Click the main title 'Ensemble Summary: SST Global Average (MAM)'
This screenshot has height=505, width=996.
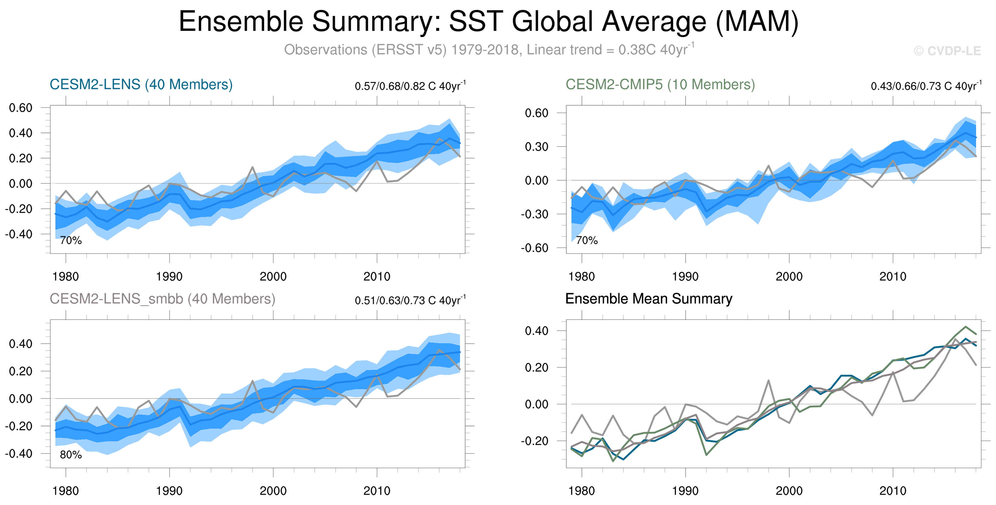488,22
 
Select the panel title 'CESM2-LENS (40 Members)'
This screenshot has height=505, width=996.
141,84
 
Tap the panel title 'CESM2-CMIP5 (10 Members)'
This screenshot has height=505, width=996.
660,84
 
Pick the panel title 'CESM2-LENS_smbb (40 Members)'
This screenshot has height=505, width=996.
162,299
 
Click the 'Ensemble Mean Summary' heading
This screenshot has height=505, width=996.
648,299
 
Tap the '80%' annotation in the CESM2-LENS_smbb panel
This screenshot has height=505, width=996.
71,455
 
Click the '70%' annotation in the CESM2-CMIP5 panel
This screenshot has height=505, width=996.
587,240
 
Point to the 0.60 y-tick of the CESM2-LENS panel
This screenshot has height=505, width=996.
21,108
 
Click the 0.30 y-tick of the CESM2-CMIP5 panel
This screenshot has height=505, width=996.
536,147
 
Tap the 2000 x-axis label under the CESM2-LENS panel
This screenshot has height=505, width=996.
273,276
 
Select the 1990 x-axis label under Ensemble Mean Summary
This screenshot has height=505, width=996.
685,491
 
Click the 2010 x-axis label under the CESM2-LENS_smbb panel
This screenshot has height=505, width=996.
376,491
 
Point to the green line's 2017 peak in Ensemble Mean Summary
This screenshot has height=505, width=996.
965,327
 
